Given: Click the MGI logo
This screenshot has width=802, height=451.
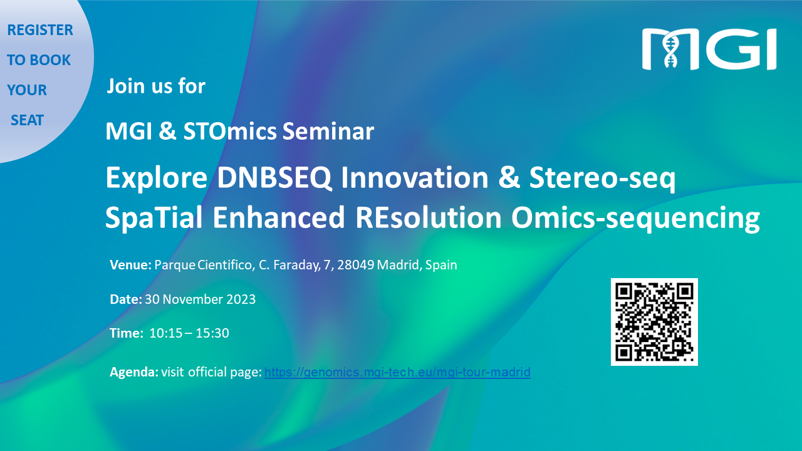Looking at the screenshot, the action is (x=709, y=49).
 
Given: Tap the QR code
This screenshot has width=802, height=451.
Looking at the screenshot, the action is (x=654, y=322).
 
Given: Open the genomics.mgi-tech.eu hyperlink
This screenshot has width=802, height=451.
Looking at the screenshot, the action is (x=397, y=372).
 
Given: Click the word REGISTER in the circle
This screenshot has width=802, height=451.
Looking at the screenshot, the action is (x=40, y=30).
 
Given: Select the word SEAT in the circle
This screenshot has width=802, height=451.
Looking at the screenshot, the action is (x=27, y=120).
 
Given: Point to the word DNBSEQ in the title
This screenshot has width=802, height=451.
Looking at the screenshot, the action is (x=274, y=177).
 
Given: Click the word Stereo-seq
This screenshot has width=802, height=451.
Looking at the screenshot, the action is (x=602, y=179).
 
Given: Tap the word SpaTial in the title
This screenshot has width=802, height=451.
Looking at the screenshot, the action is (x=154, y=218).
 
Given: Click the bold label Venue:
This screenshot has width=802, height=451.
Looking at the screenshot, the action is (x=131, y=265).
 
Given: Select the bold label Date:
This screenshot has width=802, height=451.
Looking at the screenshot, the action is (x=126, y=299).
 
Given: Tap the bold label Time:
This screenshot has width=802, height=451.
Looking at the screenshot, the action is (x=127, y=333).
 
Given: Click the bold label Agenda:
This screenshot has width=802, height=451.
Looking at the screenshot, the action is (x=134, y=372).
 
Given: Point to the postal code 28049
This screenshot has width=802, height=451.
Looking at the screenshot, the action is (x=356, y=265).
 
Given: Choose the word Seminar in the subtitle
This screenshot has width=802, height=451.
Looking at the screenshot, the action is (x=328, y=132).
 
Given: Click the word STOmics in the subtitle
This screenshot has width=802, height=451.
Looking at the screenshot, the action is (x=230, y=132).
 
